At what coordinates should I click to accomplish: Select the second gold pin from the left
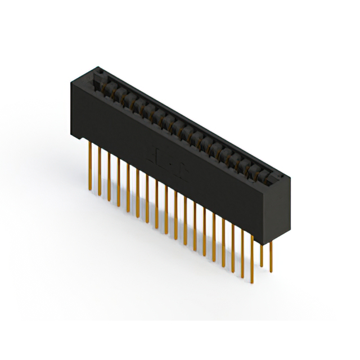(100, 170)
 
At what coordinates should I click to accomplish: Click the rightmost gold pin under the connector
(272, 256)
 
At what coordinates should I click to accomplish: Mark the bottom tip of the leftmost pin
(90, 189)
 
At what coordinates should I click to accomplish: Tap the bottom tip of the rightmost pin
(272, 271)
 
